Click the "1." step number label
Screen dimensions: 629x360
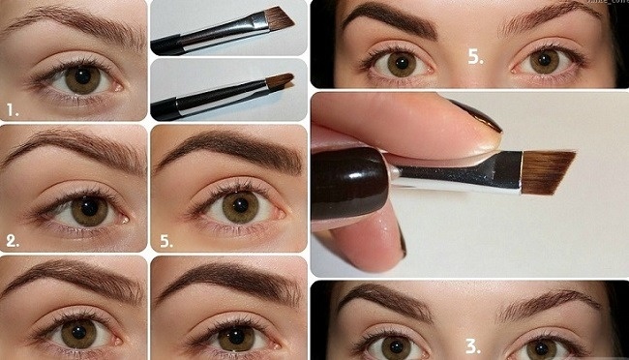(13, 109)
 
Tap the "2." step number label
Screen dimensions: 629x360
(13, 241)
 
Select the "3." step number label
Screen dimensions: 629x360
(473, 346)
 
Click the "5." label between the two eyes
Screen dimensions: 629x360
(475, 57)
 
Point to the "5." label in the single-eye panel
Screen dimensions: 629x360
(166, 241)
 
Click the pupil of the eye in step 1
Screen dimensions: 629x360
(83, 76)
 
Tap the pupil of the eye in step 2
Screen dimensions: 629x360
(89, 207)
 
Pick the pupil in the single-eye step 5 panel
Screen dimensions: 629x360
(240, 204)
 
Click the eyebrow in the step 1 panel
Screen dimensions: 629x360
(76, 25)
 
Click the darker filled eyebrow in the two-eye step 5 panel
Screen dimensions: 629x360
(389, 20)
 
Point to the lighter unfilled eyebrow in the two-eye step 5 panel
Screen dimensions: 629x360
(550, 18)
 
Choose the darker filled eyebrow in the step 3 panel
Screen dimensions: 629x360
(385, 299)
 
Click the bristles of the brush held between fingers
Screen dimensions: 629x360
(548, 172)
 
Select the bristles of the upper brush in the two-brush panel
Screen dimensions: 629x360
(280, 18)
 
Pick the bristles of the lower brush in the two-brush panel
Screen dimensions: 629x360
(280, 80)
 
